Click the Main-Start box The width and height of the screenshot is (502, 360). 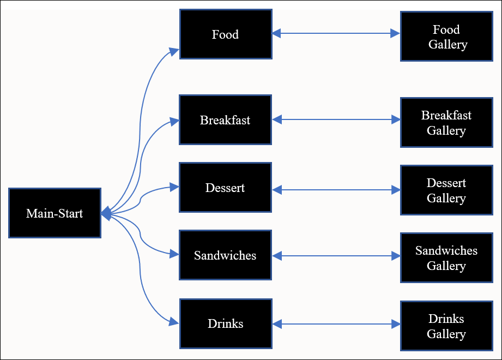coord(55,213)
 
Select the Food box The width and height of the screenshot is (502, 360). coord(225,34)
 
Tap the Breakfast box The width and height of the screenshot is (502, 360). coord(225,120)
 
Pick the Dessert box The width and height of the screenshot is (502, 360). coord(225,188)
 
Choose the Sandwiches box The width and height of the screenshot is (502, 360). coord(225,255)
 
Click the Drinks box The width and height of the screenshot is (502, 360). coord(225,323)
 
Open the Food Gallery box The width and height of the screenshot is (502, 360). coord(446,37)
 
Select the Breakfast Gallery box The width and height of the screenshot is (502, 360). coord(446,123)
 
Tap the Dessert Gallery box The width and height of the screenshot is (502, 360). coord(446,190)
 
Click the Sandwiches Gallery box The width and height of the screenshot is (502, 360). coord(446,258)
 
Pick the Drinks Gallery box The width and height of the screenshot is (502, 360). coord(446,326)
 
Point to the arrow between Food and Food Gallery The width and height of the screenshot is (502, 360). coord(336,34)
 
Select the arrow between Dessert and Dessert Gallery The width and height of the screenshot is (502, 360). coord(336,190)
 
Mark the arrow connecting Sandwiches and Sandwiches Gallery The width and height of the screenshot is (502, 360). coord(336,255)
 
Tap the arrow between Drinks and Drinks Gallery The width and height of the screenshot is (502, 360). coord(336,325)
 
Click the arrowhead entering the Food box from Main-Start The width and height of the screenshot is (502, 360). coord(174,51)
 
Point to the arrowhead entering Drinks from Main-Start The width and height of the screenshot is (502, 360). coord(174,322)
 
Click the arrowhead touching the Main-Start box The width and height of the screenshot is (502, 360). coord(106,213)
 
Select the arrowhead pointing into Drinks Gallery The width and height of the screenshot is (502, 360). coord(395,325)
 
